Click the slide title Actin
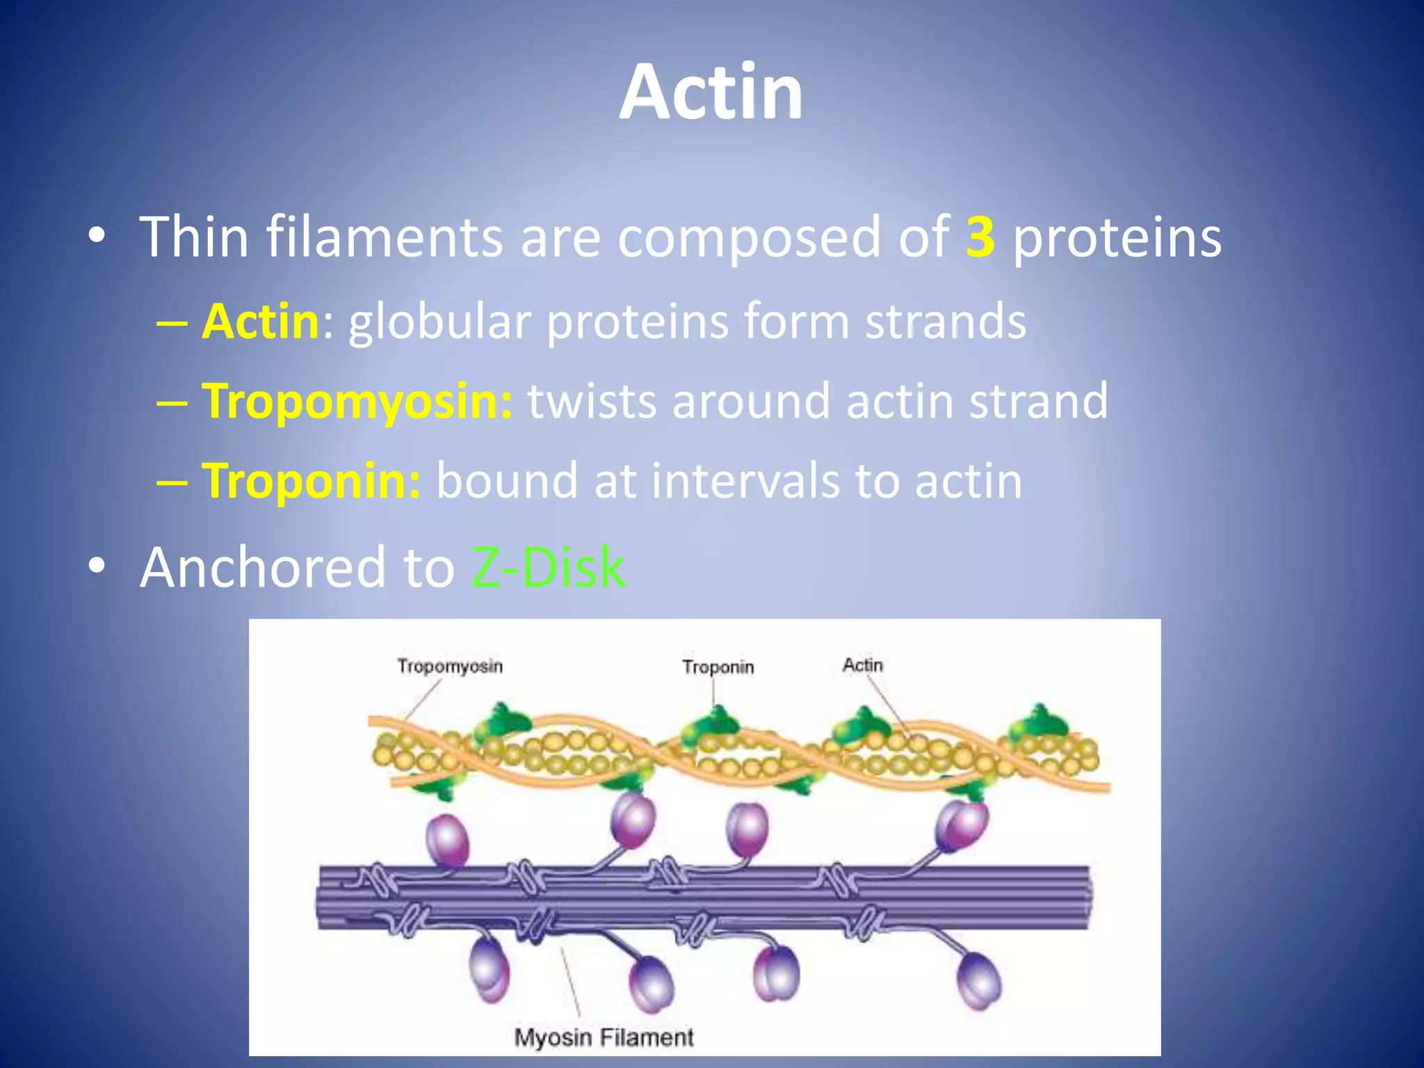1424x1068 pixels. pyautogui.click(x=711, y=92)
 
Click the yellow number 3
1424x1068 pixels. pyautogui.click(x=980, y=237)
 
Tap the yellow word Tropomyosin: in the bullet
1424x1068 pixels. pyautogui.click(x=357, y=401)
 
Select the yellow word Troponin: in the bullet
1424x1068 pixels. pyautogui.click(x=311, y=480)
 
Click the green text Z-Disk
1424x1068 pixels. pyautogui.click(x=548, y=567)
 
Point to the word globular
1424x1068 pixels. pyautogui.click(x=439, y=322)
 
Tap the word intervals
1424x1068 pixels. pyautogui.click(x=745, y=480)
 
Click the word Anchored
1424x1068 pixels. pyautogui.click(x=263, y=567)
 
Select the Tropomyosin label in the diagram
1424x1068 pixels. pyautogui.click(x=450, y=666)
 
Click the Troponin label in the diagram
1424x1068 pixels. pyautogui.click(x=718, y=667)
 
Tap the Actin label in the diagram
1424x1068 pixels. pyautogui.click(x=862, y=665)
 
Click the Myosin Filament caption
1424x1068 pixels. pyautogui.click(x=604, y=1037)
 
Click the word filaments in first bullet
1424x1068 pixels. pyautogui.click(x=385, y=237)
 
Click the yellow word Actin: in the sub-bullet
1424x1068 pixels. pyautogui.click(x=261, y=322)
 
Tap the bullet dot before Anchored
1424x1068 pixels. pyautogui.click(x=97, y=566)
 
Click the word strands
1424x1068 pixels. pyautogui.click(x=945, y=322)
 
